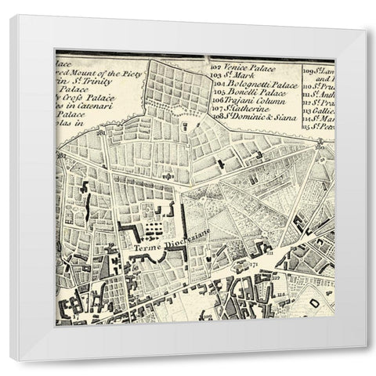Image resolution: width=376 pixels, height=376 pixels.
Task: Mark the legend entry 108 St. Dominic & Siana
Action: [251, 116]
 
